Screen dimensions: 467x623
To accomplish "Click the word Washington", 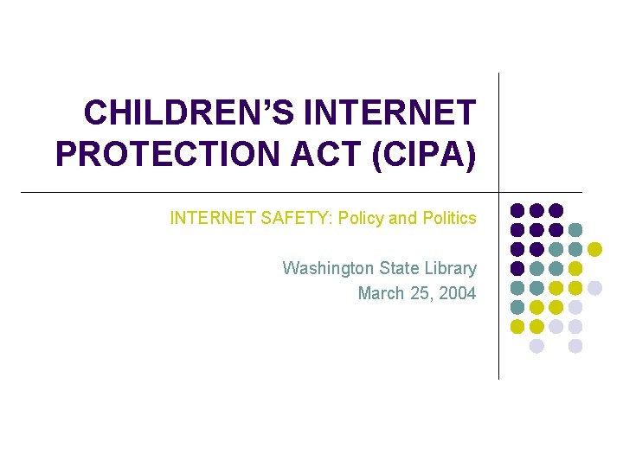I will (329, 268).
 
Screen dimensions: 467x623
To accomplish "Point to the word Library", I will (448, 268).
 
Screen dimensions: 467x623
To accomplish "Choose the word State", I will (398, 268).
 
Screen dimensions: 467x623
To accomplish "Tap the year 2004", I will (457, 293).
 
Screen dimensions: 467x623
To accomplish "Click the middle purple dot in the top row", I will (536, 210).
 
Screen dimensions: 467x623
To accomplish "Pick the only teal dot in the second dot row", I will (575, 230).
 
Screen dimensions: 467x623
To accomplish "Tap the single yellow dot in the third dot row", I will (594, 249).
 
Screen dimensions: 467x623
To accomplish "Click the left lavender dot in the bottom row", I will (536, 346).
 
